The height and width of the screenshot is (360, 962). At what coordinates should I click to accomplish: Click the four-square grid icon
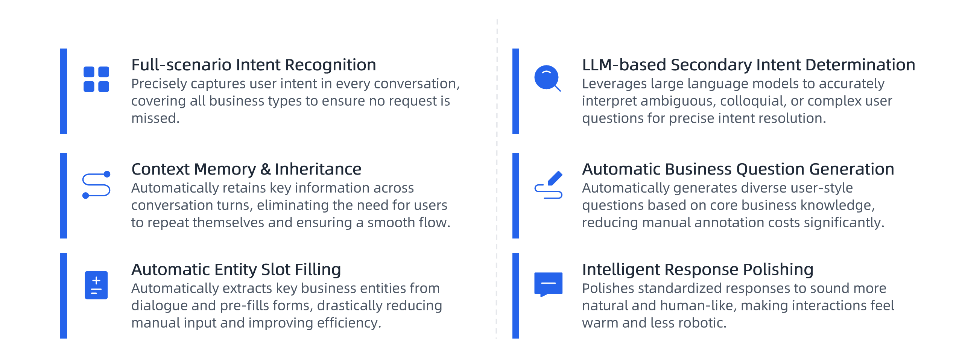(x=96, y=79)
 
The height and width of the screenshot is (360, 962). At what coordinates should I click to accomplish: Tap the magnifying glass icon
(x=547, y=78)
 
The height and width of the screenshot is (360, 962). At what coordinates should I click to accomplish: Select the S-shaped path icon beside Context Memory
(x=96, y=185)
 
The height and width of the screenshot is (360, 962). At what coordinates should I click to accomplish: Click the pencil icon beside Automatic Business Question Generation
(x=548, y=185)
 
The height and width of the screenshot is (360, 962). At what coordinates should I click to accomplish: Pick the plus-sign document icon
(x=96, y=285)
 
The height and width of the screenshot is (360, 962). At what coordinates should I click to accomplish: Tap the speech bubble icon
(x=548, y=284)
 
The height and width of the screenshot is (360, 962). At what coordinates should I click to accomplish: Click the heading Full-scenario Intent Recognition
(x=254, y=65)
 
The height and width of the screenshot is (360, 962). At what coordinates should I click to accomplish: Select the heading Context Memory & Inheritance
(x=246, y=169)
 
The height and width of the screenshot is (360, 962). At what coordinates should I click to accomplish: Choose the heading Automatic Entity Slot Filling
(x=236, y=269)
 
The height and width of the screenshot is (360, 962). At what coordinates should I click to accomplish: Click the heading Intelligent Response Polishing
(x=698, y=269)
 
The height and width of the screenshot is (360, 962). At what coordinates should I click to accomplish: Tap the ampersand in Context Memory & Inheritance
(x=266, y=169)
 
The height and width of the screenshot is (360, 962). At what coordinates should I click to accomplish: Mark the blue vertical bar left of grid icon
(x=64, y=91)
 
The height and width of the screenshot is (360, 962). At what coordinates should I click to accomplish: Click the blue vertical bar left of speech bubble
(x=516, y=296)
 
